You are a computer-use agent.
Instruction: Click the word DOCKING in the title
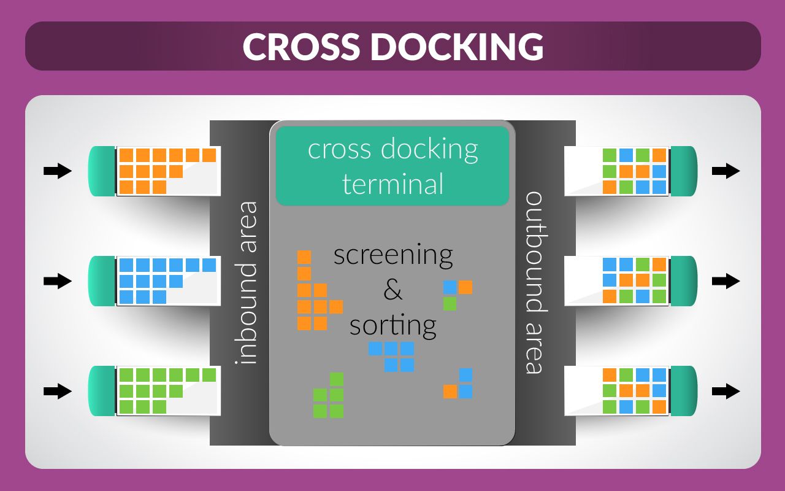pyautogui.click(x=457, y=46)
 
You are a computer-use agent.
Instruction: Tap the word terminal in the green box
pyautogui.click(x=392, y=184)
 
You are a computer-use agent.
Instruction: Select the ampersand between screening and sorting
pyautogui.click(x=392, y=289)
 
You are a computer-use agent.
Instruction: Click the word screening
pyautogui.click(x=392, y=254)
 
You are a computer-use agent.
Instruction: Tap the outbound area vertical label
pyautogui.click(x=535, y=282)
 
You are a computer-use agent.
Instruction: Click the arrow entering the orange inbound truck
pyautogui.click(x=58, y=171)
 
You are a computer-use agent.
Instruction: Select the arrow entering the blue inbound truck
pyautogui.click(x=58, y=281)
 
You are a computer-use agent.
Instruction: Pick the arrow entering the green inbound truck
pyautogui.click(x=58, y=391)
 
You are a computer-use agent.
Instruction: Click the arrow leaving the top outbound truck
pyautogui.click(x=726, y=171)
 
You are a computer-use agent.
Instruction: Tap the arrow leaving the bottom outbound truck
pyautogui.click(x=726, y=391)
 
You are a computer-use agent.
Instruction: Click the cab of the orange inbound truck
pyautogui.click(x=102, y=171)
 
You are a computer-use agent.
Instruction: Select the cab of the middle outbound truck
pyautogui.click(x=684, y=281)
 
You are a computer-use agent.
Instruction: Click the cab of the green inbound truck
pyautogui.click(x=102, y=391)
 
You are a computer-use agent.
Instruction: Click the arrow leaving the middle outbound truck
pyautogui.click(x=726, y=281)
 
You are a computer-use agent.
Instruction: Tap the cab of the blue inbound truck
pyautogui.click(x=102, y=281)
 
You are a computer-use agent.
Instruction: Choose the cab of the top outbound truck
pyautogui.click(x=684, y=171)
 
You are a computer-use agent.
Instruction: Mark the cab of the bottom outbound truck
pyautogui.click(x=684, y=391)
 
